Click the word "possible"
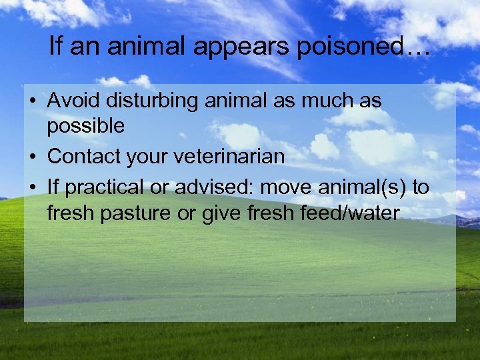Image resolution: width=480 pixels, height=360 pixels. [x=85, y=125]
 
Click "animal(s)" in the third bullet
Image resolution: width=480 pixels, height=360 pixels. [x=363, y=188]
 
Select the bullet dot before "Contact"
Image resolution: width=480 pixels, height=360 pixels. [x=31, y=157]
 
